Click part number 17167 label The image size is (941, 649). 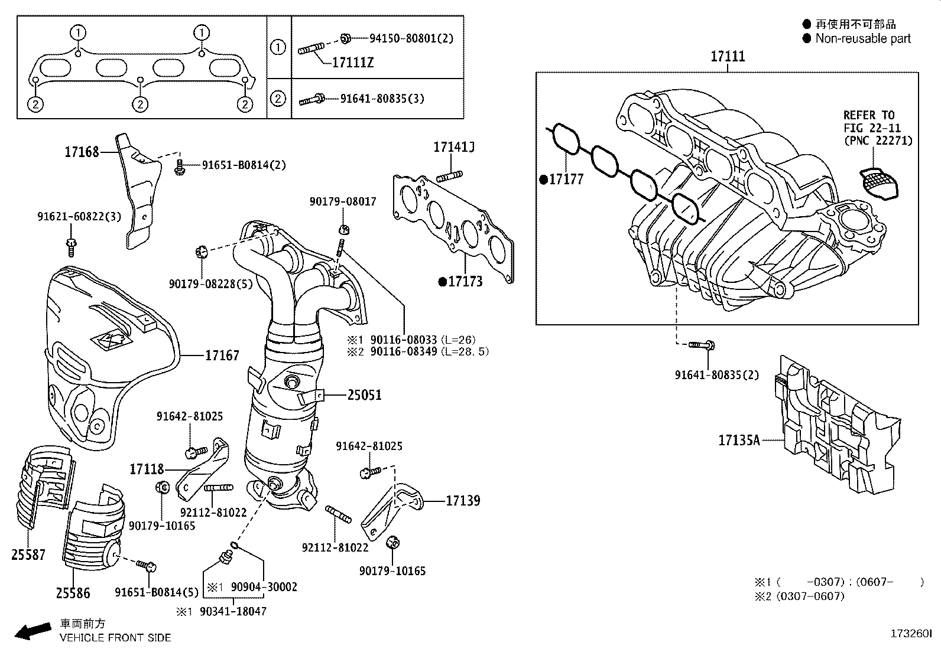tap(222, 356)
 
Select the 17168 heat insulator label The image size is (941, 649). tap(82, 152)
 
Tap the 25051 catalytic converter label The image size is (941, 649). tap(364, 395)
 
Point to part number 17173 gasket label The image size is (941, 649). tap(465, 282)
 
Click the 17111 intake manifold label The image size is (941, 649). tap(728, 57)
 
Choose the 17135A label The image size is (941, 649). tap(739, 440)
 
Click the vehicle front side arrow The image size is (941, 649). tap(32, 631)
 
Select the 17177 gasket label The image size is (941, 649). tap(566, 180)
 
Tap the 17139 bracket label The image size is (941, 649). tap(463, 501)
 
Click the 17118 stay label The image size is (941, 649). tap(147, 469)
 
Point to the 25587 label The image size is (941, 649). tap(28, 555)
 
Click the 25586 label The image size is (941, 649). tap(73, 593)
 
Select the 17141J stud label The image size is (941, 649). tap(454, 147)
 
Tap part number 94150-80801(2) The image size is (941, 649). tap(411, 38)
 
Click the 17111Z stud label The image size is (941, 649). tap(353, 62)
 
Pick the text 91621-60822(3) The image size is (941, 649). tap(79, 217)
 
